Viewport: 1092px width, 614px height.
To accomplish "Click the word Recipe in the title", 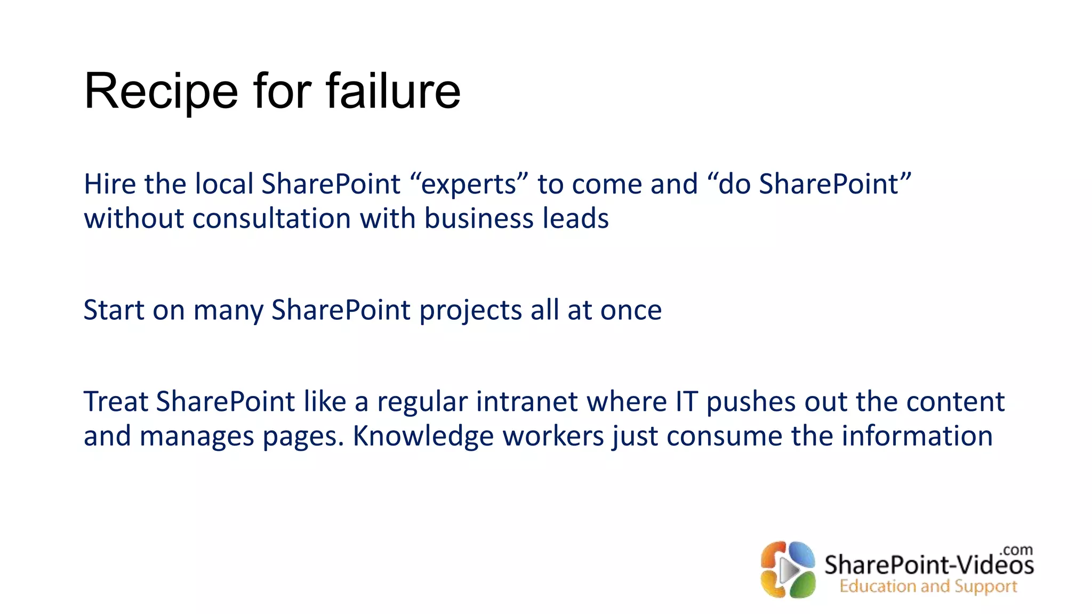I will pos(160,92).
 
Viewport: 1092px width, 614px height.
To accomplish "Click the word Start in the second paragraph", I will pos(114,310).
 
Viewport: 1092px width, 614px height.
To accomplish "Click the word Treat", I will pos(115,402).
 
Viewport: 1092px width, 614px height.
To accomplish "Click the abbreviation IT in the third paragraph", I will pos(687,402).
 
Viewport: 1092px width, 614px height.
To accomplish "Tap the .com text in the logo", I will pos(1016,550).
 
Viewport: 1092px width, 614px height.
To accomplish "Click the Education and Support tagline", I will pos(928,586).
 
